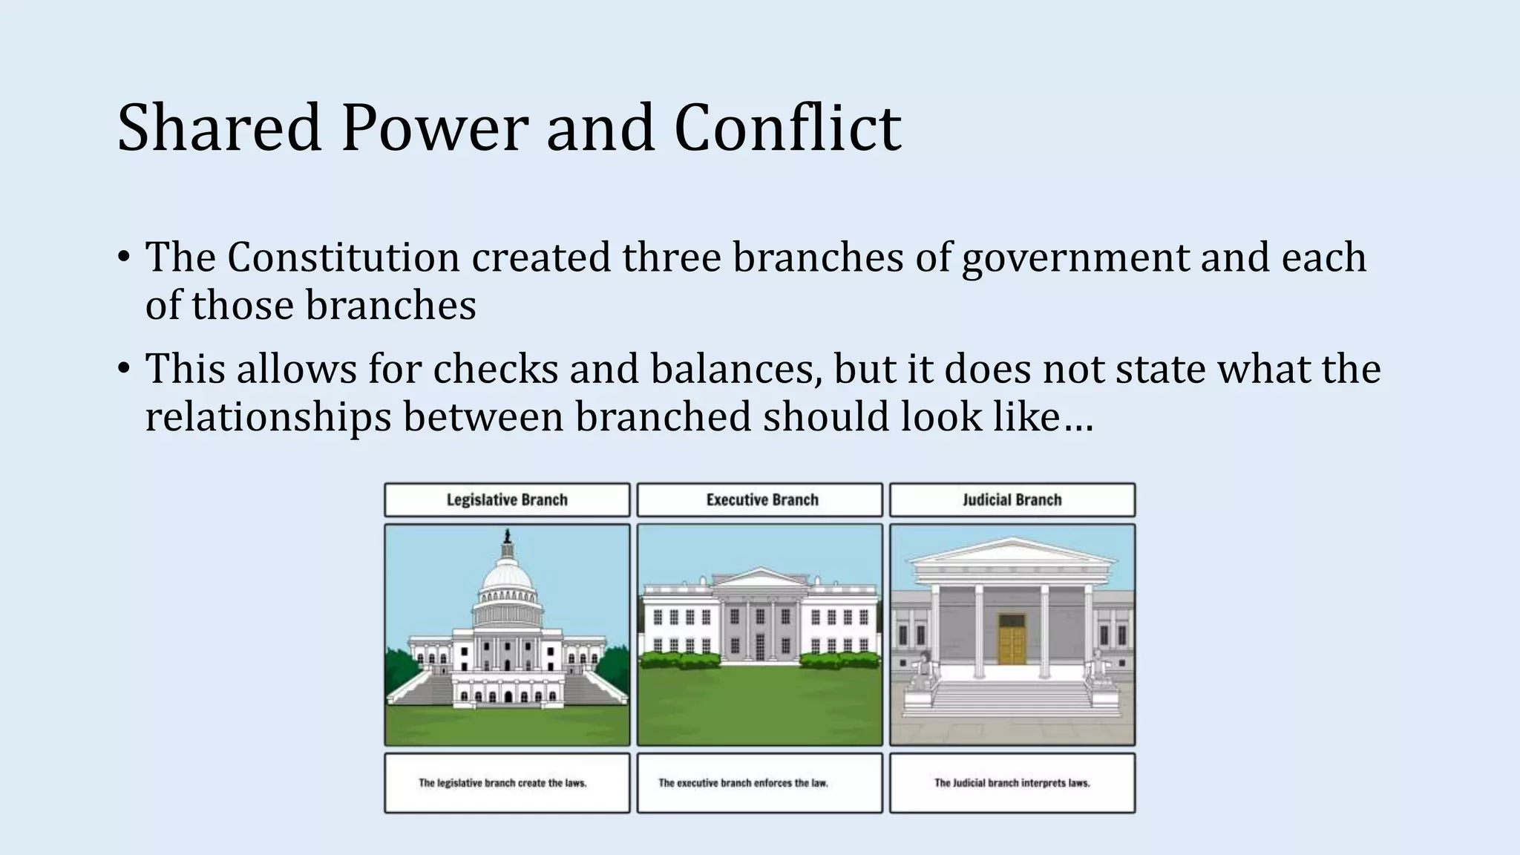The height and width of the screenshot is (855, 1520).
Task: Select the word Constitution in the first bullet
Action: point(343,258)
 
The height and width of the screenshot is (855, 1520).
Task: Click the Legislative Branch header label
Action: point(507,500)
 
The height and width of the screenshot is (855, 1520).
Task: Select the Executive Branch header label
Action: point(761,500)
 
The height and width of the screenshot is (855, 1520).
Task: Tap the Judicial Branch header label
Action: point(1012,500)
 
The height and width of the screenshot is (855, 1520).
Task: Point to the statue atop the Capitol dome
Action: point(508,535)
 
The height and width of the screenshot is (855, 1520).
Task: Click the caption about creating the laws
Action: point(502,783)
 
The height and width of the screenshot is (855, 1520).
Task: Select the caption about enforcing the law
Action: point(742,783)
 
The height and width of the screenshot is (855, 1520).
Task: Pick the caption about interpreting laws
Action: point(1012,783)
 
